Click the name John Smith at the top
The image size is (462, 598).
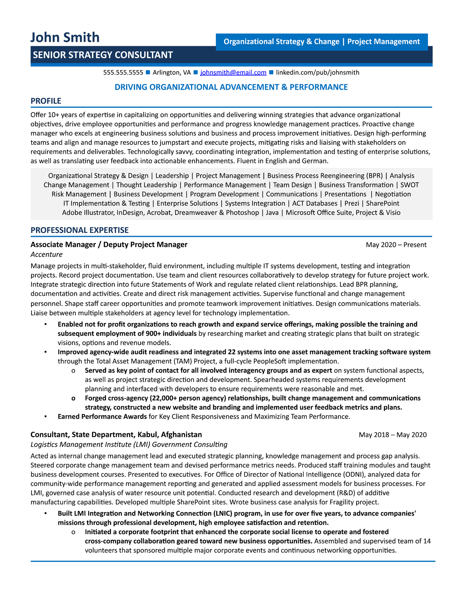point(65,37)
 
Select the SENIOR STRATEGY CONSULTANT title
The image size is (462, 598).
point(103,55)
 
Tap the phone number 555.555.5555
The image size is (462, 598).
point(123,72)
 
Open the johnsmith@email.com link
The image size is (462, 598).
point(233,72)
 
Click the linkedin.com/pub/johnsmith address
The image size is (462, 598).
point(317,72)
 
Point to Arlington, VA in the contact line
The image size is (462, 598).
point(172,72)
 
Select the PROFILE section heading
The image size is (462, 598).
point(46,101)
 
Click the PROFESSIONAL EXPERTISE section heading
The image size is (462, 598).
point(80,230)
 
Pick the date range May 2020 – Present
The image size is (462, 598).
point(396,245)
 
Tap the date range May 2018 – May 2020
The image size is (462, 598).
point(392,435)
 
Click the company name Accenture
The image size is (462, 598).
point(46,255)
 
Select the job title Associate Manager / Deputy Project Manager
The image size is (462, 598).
point(109,245)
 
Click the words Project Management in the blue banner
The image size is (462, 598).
point(383,42)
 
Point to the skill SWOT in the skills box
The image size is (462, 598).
point(409,185)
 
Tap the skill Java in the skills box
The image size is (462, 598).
point(272,213)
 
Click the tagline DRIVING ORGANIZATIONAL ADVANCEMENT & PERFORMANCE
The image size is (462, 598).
point(231,87)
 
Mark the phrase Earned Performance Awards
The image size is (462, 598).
point(102,416)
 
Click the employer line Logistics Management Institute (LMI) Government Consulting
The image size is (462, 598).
point(129,444)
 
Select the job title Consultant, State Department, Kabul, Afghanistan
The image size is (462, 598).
point(116,435)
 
